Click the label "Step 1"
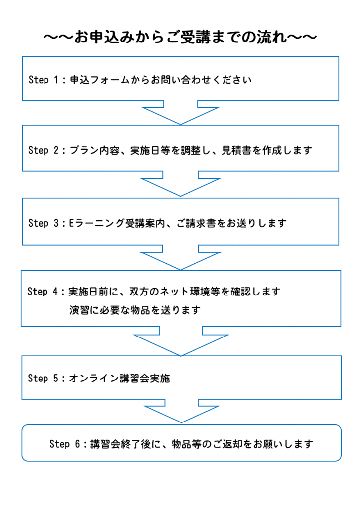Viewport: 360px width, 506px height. coord(43,80)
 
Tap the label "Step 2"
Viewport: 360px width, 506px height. coord(43,150)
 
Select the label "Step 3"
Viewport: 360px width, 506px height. coord(43,223)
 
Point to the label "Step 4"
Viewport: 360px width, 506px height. coord(43,292)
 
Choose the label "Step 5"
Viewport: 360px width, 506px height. coord(43,378)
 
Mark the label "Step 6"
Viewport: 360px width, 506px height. coord(65,444)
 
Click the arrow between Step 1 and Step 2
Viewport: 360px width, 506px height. coord(180,112)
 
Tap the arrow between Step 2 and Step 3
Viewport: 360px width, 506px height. coord(180,184)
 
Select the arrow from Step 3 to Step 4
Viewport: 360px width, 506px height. coord(180,257)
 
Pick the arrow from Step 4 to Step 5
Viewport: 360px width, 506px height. coord(181,341)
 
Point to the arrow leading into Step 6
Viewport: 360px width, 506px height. coord(181,411)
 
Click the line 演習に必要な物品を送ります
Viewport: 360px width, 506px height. coord(135,310)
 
